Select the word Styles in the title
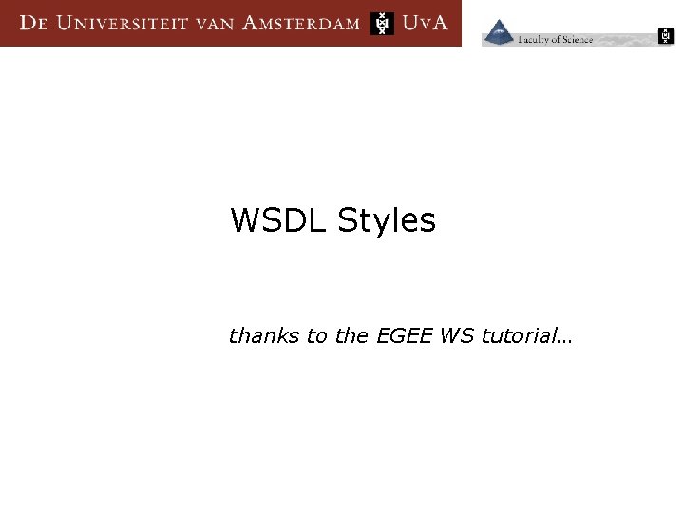[386, 220]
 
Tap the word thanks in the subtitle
[263, 336]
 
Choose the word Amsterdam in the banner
[301, 24]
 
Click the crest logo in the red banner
[382, 24]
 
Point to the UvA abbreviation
[425, 24]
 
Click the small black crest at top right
[666, 37]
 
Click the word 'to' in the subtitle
[317, 336]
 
